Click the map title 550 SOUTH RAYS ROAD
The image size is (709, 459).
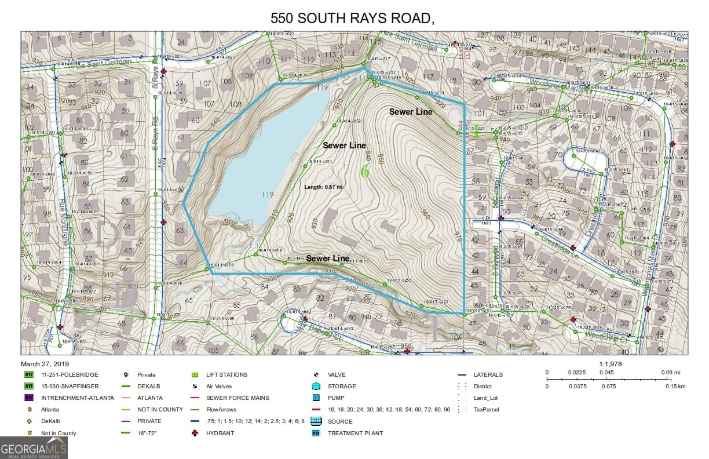point(353,18)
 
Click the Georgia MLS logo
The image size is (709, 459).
point(34,447)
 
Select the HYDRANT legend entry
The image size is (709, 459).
point(220,433)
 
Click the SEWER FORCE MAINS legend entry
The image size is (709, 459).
point(237,398)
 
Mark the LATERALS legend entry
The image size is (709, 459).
point(488,374)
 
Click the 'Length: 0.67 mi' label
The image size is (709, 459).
point(324,187)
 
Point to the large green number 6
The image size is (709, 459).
point(364,172)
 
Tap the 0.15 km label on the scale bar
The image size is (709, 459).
point(675,385)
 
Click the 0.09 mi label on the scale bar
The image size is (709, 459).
point(675,372)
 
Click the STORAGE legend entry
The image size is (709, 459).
point(342,386)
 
